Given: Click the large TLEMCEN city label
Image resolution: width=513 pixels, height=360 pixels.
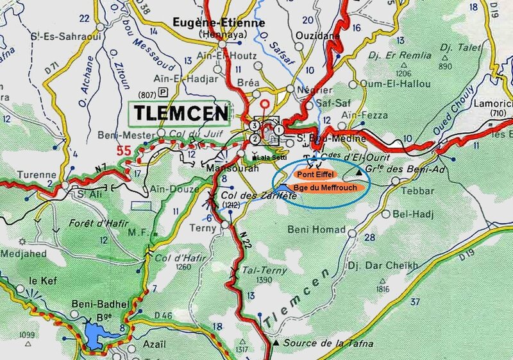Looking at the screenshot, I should [182, 114].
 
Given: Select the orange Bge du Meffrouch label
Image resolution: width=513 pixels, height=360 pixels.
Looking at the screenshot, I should [328, 187].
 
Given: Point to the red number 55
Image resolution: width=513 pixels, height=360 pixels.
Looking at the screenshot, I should [126, 151].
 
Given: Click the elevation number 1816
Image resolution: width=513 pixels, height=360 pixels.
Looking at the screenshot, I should [383, 289].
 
